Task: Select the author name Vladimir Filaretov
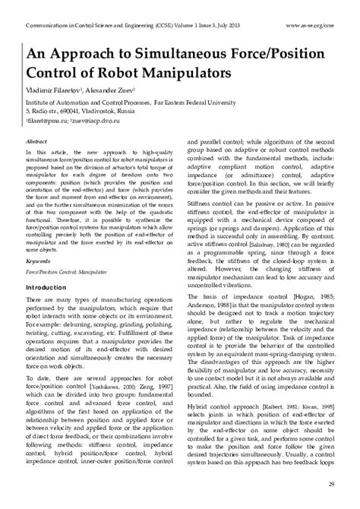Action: point(52,89)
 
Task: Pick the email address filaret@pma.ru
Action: point(45,119)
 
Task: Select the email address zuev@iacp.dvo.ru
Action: point(98,119)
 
